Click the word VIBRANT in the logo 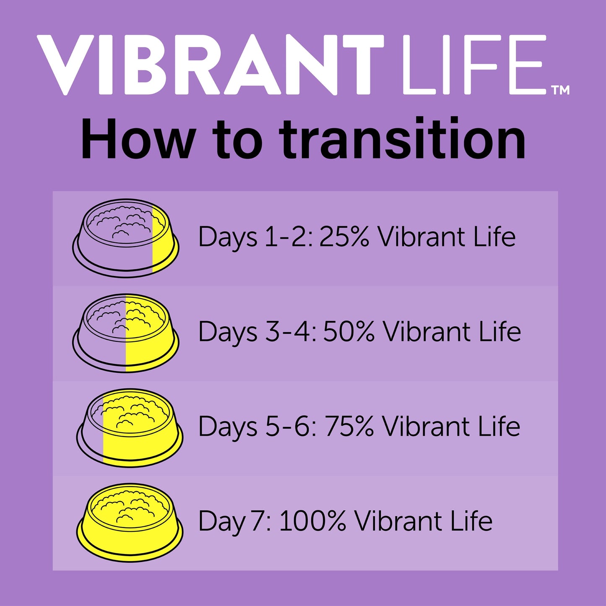pos(210,64)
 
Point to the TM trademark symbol pos(561,90)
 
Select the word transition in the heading pos(402,139)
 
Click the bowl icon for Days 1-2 pos(126,238)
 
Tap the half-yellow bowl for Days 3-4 pos(126,333)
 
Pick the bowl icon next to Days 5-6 pos(130,428)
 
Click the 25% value pos(344,237)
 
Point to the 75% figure pos(349,427)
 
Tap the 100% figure pos(312,521)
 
